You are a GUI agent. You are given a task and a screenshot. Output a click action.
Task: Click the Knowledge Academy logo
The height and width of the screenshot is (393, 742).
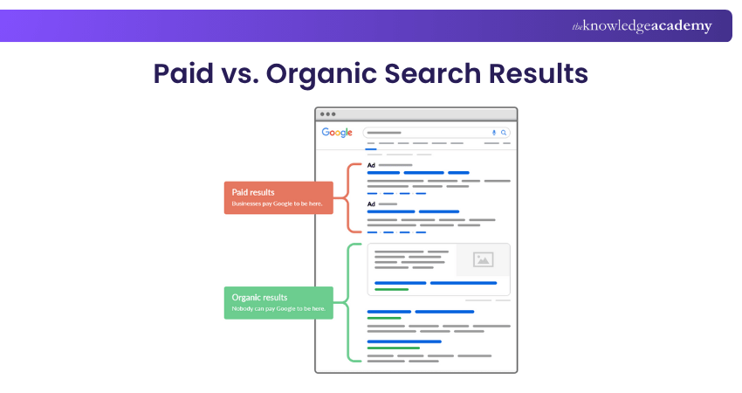642,26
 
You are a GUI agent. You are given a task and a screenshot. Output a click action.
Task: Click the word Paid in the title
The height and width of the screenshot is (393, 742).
183,73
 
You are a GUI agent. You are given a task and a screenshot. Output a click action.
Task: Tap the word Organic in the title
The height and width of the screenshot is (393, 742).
319,75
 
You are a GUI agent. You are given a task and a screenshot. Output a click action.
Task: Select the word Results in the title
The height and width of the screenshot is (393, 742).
539,73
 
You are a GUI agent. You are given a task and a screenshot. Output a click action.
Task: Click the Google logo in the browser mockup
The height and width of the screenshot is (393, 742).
337,133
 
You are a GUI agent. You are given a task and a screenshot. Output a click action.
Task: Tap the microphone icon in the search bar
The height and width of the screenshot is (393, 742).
494,133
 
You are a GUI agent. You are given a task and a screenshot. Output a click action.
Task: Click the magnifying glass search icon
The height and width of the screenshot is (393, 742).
504,133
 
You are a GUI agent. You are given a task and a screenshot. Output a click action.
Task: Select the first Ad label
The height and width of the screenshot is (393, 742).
372,165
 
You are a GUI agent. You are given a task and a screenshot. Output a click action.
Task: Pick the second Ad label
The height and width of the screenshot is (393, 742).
372,204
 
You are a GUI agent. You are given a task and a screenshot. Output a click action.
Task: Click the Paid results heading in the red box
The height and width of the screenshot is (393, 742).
253,192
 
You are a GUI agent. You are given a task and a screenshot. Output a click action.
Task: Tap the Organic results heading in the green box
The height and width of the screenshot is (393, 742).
259,297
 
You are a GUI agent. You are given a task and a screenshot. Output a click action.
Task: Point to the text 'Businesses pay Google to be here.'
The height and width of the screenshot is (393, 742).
277,203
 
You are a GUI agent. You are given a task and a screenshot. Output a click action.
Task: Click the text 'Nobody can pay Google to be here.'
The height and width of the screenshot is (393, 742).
278,308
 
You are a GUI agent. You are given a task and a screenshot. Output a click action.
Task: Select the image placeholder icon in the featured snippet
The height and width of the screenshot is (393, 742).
483,259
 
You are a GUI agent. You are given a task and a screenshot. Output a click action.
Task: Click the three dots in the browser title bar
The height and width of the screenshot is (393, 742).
327,114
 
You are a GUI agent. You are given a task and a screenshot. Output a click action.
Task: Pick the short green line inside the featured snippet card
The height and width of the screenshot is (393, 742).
391,289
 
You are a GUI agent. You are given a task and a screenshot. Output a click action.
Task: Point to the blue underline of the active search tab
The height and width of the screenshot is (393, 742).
371,149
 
